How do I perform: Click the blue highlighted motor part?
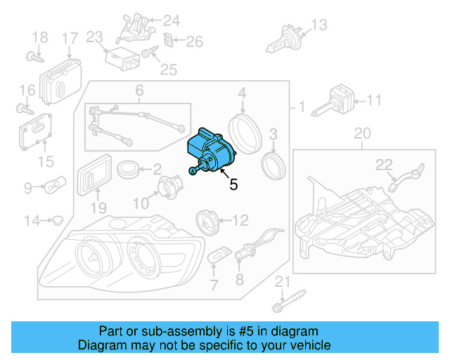(209, 150)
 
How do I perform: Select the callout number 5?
(233, 185)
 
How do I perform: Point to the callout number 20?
(361, 134)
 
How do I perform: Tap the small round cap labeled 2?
(128, 169)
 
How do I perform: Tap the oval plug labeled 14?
(57, 221)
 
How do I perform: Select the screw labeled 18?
(32, 56)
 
